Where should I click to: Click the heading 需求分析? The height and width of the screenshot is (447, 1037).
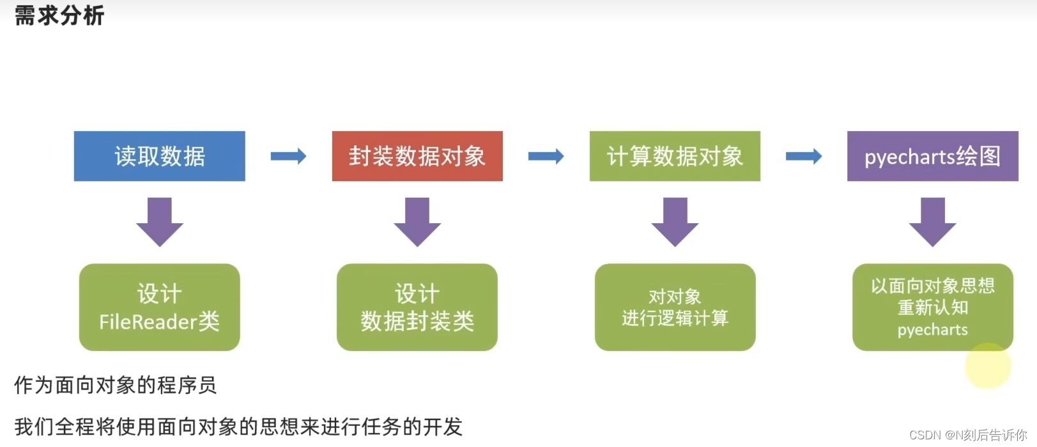59,15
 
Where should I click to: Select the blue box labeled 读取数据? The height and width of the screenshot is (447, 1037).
159,156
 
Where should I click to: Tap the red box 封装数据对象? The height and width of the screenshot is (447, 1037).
417,156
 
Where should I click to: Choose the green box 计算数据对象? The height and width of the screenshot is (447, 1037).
675,156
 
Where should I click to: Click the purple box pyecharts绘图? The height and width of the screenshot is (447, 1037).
932,156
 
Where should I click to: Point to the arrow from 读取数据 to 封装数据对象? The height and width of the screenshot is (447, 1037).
288,156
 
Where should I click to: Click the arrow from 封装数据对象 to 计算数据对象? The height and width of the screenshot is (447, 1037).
546,156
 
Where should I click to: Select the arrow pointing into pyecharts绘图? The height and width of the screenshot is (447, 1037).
803,156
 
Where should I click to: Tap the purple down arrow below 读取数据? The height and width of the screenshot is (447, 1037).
160,221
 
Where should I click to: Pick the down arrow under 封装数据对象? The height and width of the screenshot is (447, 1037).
417,221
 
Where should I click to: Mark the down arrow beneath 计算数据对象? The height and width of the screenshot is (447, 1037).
675,221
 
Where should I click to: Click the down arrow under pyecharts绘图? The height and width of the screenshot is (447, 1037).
932,221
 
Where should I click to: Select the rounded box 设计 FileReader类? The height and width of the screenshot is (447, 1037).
159,307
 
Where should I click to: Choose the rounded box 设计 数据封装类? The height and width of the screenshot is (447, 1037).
417,307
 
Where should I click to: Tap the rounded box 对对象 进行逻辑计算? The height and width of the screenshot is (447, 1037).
675,307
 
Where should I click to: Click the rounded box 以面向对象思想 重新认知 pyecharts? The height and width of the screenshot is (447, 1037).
932,307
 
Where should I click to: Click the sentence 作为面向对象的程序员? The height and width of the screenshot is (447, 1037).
115,385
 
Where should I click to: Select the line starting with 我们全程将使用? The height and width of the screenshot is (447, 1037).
238,427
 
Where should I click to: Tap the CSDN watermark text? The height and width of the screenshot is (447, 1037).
967,435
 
